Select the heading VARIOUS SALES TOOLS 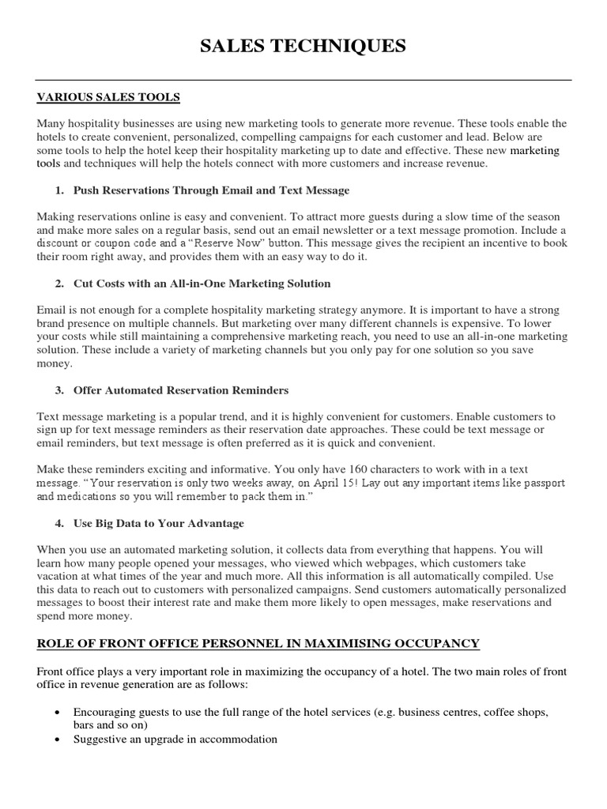point(109,97)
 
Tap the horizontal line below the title point(303,80)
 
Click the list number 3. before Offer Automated point(59,390)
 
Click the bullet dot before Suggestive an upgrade point(59,739)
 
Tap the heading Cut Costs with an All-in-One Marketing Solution point(202,283)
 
